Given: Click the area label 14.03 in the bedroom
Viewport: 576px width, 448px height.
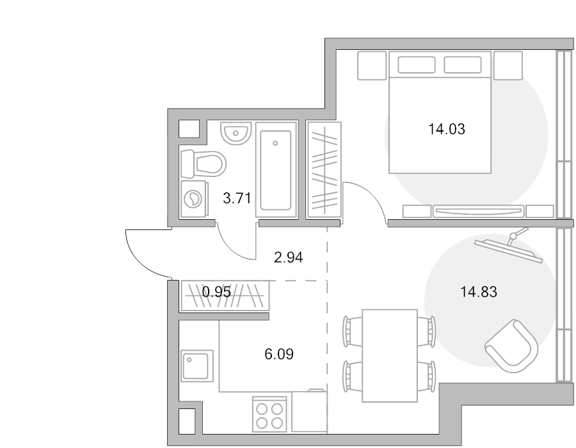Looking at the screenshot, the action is click(x=447, y=129).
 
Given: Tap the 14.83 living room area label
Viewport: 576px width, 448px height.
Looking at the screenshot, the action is click(x=479, y=292).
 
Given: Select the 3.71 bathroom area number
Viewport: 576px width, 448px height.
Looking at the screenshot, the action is click(x=237, y=199).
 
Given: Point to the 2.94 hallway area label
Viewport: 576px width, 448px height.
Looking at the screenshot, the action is click(x=289, y=258).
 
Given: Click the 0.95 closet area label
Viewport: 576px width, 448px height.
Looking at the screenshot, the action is click(x=217, y=292).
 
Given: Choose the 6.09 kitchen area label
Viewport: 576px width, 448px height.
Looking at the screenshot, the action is click(x=279, y=355).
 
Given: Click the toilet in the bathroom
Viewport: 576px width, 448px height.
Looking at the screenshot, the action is click(x=203, y=164).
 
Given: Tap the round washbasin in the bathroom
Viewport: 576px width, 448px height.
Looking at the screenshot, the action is click(x=236, y=133).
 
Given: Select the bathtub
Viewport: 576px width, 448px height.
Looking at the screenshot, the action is click(x=276, y=170).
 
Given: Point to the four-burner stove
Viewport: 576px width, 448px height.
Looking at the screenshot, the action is click(x=269, y=414).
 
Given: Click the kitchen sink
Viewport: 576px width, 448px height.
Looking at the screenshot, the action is click(x=197, y=366).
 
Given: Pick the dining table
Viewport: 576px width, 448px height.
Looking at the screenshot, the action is click(x=390, y=355).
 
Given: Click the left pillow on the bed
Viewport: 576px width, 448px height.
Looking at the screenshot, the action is click(x=417, y=65).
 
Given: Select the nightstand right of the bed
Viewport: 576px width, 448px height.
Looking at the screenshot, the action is click(x=508, y=65).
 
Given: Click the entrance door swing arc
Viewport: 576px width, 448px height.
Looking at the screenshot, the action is click(x=141, y=261).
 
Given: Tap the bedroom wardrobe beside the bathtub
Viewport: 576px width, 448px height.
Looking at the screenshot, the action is click(x=324, y=170).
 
